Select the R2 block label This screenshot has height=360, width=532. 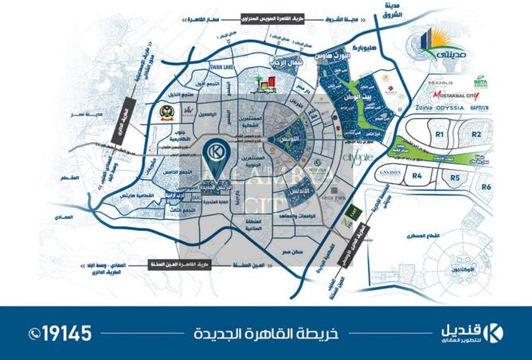[476, 135]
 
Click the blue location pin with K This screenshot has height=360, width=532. [215, 153]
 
